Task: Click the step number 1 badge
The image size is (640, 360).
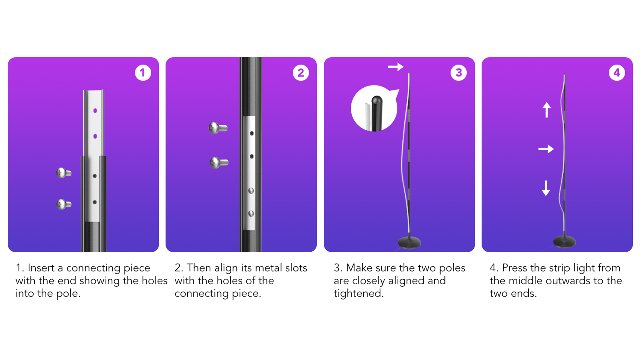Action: (142, 73)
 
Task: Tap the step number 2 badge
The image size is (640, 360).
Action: (300, 73)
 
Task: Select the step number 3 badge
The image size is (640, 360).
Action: (458, 73)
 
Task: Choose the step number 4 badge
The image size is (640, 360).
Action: (616, 73)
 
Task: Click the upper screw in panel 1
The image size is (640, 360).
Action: (64, 173)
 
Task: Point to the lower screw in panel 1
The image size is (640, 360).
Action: (64, 204)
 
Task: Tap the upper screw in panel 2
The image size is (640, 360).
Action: (218, 128)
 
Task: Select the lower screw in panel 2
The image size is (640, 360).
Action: (219, 162)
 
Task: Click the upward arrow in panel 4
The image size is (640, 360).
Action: (547, 110)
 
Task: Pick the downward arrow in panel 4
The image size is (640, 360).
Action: (546, 188)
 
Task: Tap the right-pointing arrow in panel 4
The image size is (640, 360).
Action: (546, 149)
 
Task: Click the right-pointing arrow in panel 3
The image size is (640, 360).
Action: (396, 67)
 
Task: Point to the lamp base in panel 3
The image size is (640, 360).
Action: (409, 242)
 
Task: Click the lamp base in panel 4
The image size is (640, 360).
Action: (564, 241)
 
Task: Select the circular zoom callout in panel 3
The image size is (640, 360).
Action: (374, 109)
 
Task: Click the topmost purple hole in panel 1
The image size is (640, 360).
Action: (95, 111)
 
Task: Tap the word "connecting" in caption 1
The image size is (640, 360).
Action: (108, 268)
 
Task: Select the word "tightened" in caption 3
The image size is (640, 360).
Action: (358, 293)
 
